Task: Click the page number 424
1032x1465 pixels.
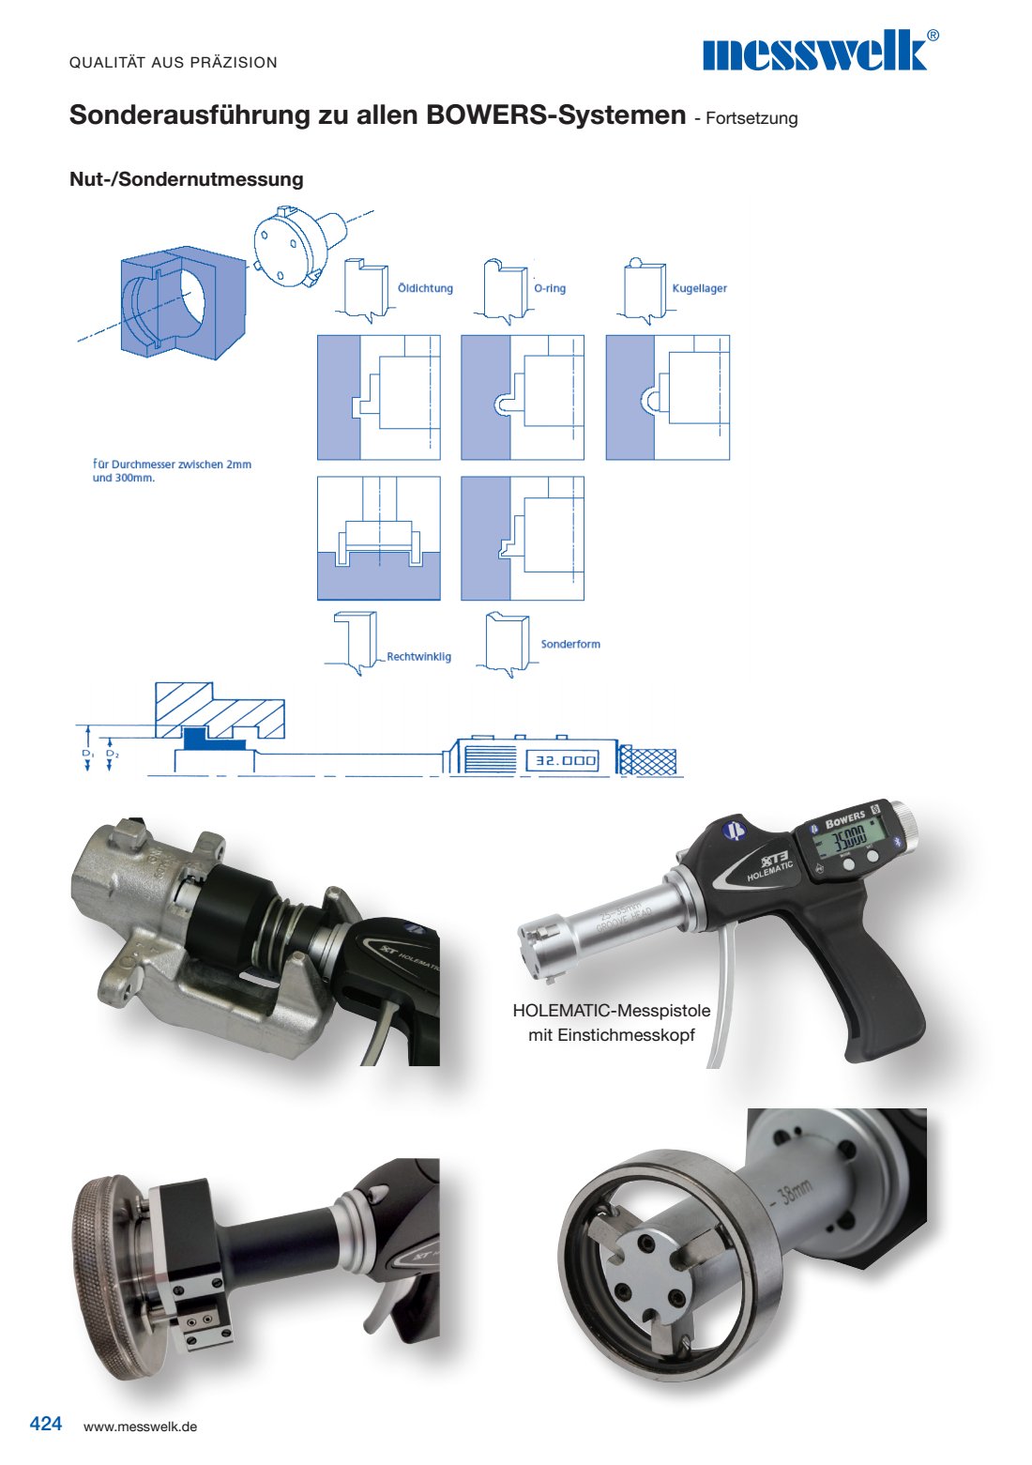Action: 46,1423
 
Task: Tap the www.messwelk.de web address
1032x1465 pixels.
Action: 140,1427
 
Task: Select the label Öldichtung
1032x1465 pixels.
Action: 425,288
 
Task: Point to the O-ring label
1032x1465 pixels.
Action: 550,288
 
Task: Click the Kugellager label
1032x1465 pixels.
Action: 699,288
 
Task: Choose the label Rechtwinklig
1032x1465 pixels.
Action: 418,657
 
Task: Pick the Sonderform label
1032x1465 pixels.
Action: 570,644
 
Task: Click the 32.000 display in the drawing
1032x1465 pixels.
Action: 566,760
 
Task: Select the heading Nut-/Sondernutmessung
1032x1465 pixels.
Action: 187,179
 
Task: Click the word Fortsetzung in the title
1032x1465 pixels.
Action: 751,118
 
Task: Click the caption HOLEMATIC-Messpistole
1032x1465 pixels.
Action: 612,1011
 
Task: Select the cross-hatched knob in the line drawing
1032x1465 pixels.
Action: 647,760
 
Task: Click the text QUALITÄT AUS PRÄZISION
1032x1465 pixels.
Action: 174,63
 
